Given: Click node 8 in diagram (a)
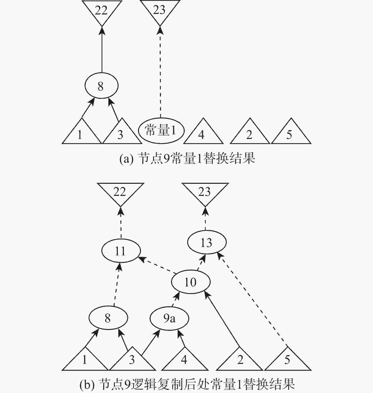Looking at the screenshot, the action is click(101, 86).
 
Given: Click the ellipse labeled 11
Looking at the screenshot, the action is click(121, 251).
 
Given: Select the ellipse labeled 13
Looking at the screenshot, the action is click(207, 242).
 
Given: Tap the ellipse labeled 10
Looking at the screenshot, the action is click(191, 282).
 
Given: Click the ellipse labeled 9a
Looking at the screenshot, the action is click(169, 318).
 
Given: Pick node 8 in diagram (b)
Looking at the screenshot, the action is click(108, 318).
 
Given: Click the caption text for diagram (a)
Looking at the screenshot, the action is click(187, 159).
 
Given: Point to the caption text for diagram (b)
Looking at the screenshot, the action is click(187, 384).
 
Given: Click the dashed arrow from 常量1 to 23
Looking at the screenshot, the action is click(160, 72).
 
